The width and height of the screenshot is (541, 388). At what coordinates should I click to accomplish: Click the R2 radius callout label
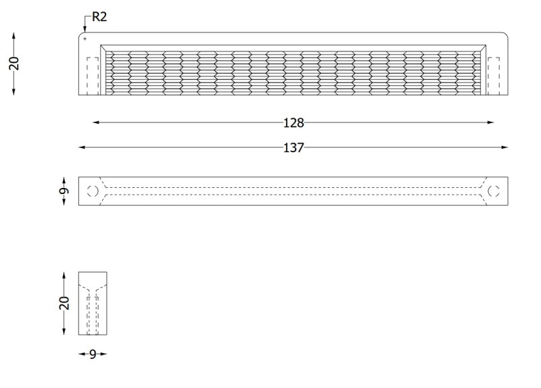tap(99, 16)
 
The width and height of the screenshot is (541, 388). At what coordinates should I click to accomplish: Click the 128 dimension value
tap(293, 123)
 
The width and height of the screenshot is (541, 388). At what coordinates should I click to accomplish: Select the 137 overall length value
tap(293, 147)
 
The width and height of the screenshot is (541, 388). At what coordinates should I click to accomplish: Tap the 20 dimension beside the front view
tap(14, 64)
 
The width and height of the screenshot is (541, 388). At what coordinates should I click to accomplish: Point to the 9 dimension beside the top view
tap(64, 191)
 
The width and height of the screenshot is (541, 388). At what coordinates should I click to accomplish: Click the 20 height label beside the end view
tap(64, 303)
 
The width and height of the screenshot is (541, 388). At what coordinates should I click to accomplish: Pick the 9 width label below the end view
tap(93, 354)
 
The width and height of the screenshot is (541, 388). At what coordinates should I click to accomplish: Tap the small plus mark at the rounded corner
tap(85, 39)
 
